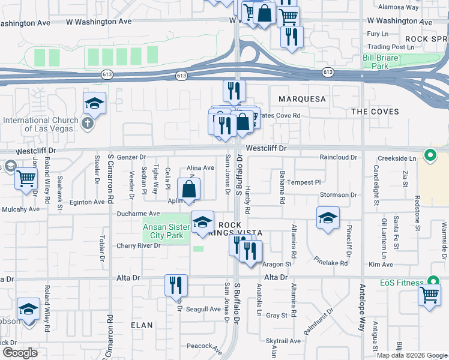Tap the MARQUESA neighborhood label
click(x=301, y=98)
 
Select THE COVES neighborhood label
click(x=375, y=112)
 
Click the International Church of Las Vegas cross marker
click(x=88, y=124)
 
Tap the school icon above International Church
click(x=95, y=104)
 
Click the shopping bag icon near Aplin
click(x=189, y=189)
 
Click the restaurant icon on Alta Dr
click(x=176, y=286)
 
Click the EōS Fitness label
click(x=406, y=282)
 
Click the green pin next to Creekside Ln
click(x=430, y=156)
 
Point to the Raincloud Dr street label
click(x=338, y=157)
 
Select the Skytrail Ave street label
click(x=283, y=341)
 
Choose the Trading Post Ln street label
click(x=390, y=46)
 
